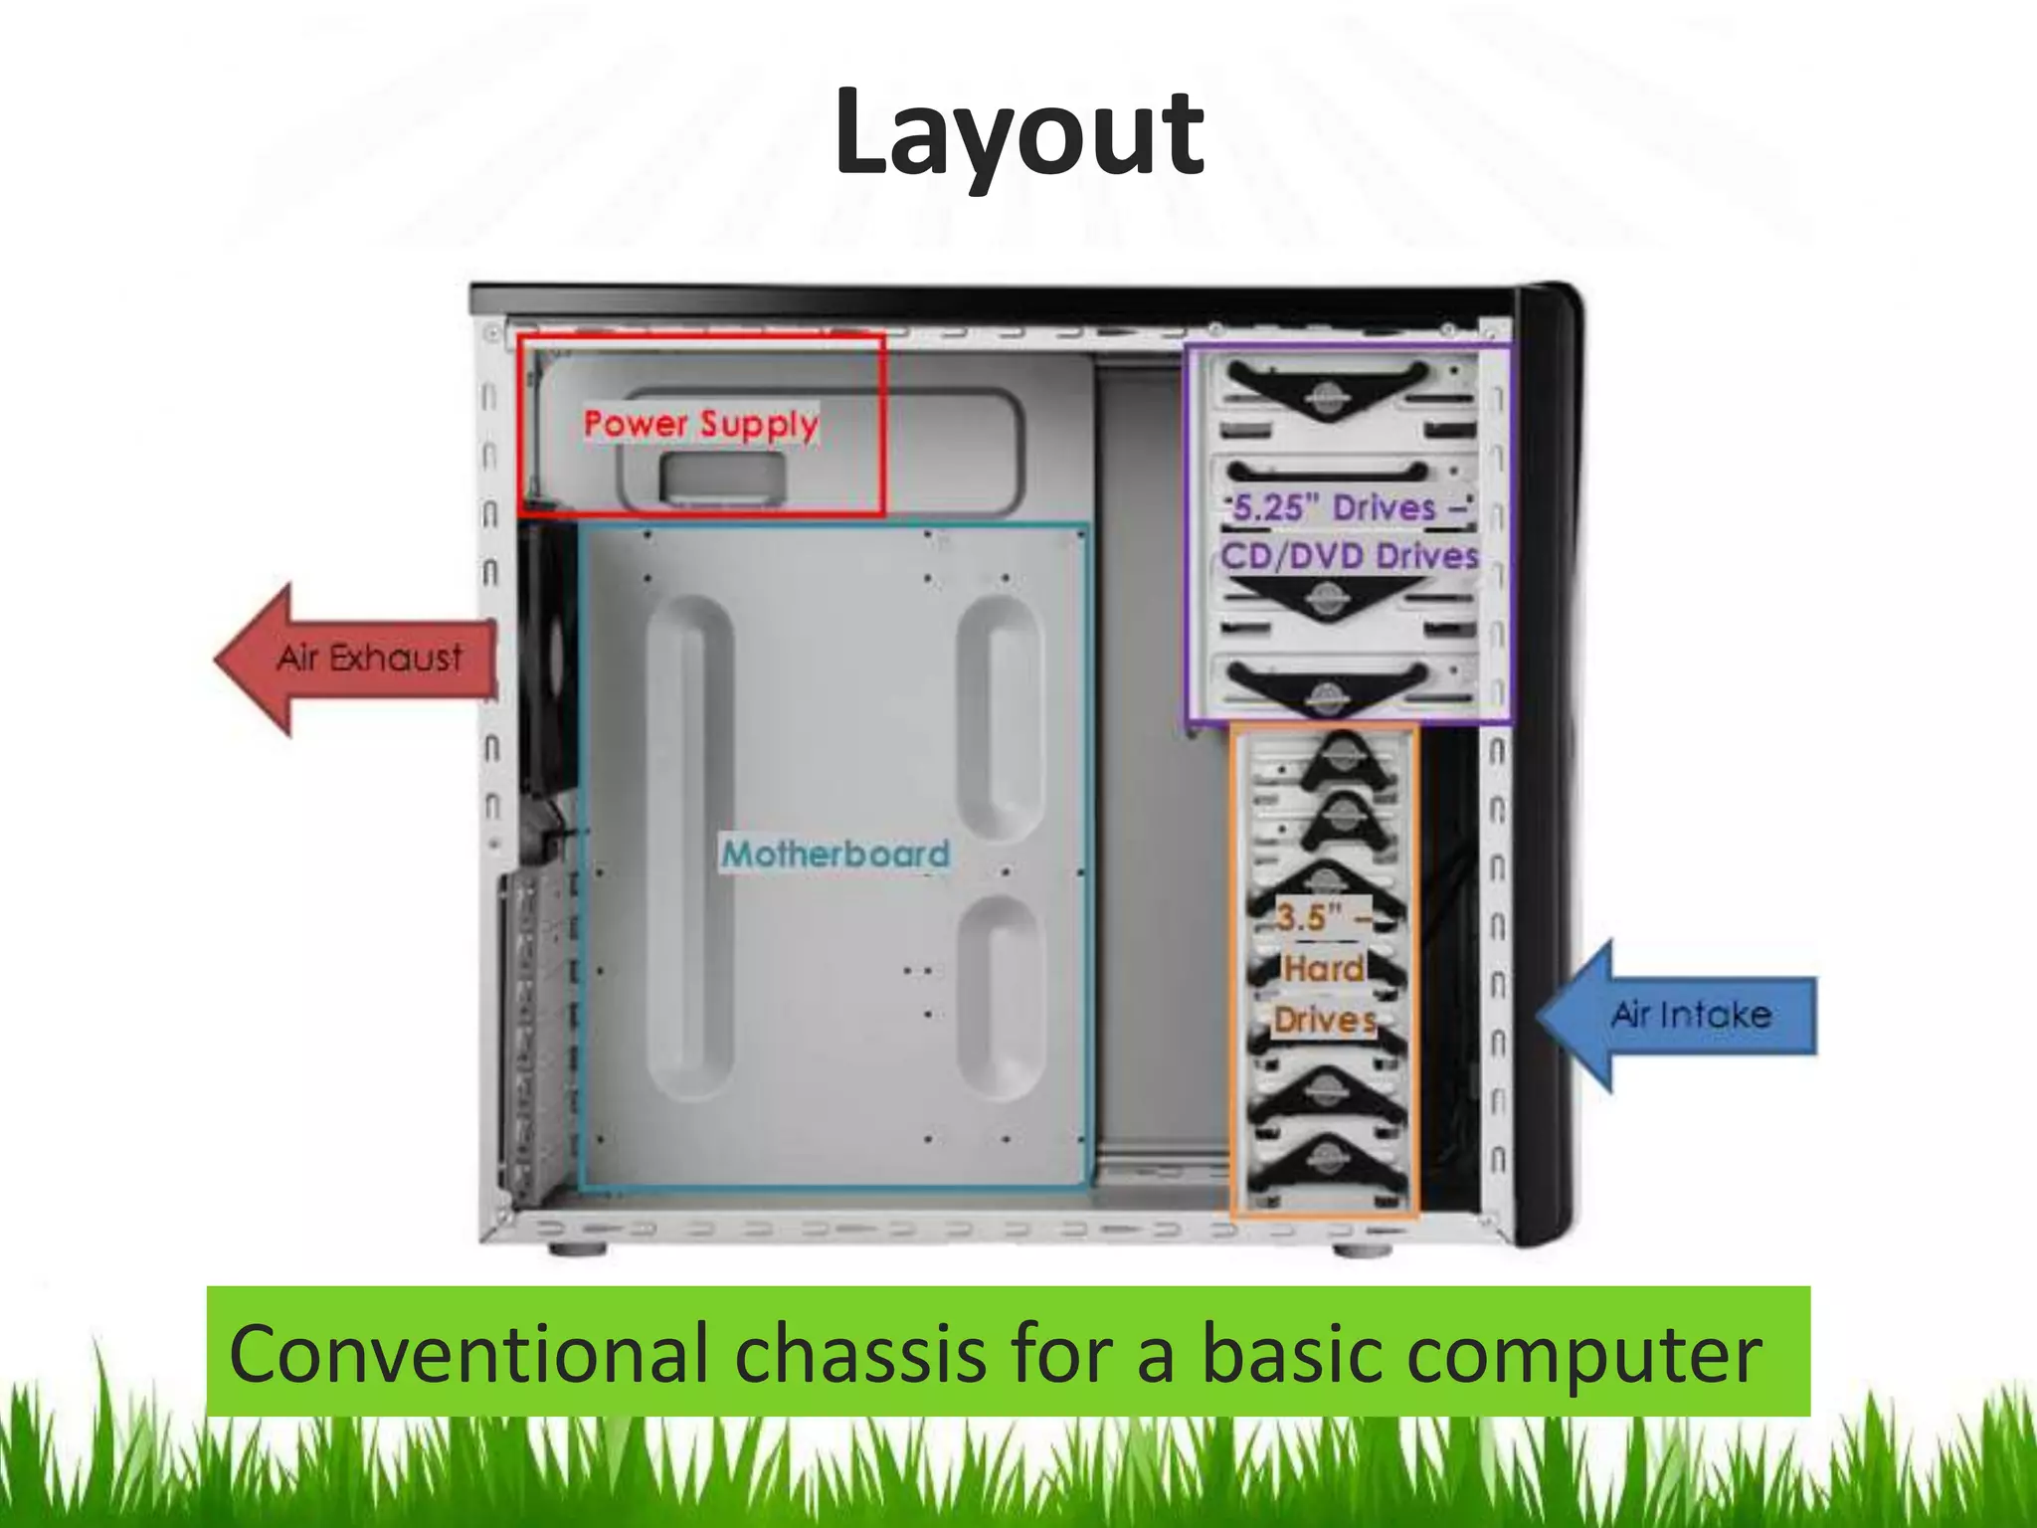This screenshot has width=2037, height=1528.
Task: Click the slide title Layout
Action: (x=1018, y=133)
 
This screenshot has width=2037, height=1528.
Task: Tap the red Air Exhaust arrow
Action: (x=358, y=659)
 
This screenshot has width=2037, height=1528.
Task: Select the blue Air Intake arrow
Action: (x=1681, y=1015)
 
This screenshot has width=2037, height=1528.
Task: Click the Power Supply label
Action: (x=700, y=424)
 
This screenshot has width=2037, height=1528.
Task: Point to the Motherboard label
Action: (x=835, y=854)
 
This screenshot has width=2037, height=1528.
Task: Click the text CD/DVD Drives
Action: (x=1350, y=555)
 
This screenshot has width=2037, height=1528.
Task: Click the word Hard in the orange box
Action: (x=1324, y=968)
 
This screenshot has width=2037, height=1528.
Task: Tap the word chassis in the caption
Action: (x=860, y=1353)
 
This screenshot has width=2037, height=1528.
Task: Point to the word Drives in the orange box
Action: (x=1325, y=1020)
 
